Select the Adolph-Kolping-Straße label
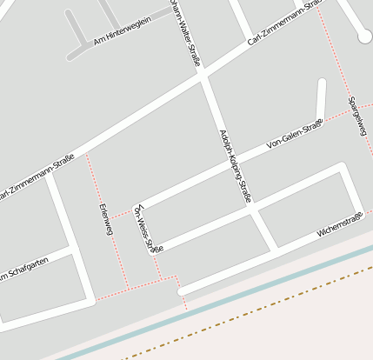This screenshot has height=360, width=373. click(x=236, y=167)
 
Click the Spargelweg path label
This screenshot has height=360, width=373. click(x=357, y=116)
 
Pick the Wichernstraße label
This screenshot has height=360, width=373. click(x=339, y=229)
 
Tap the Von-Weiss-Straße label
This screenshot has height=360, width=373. click(x=146, y=230)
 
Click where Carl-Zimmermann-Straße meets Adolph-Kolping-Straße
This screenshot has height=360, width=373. click(x=203, y=76)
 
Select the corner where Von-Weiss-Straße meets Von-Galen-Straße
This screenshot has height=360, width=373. click(x=137, y=210)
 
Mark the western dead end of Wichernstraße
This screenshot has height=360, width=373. click(x=181, y=292)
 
